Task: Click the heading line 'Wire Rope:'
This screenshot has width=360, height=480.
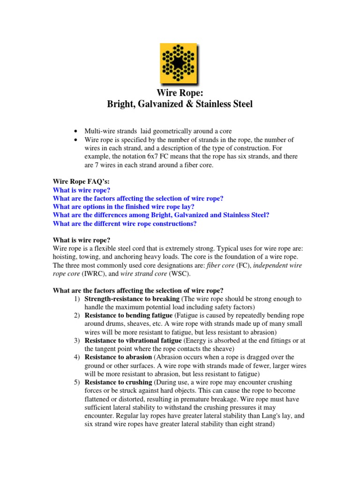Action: point(180,93)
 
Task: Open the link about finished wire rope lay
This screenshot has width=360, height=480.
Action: point(130,207)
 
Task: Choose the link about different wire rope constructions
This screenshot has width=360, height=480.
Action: point(125,224)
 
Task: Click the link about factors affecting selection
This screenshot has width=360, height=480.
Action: point(138,198)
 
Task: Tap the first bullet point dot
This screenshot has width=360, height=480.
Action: point(75,130)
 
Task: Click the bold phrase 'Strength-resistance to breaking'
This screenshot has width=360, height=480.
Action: point(132,299)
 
